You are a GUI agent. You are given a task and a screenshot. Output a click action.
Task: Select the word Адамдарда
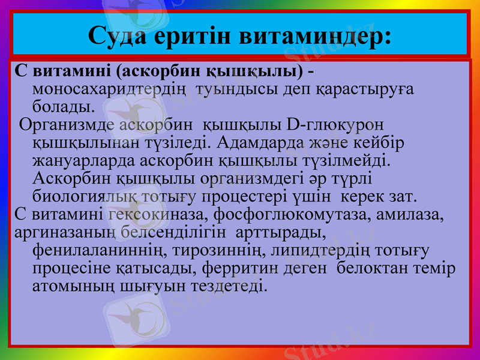click(x=255, y=143)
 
